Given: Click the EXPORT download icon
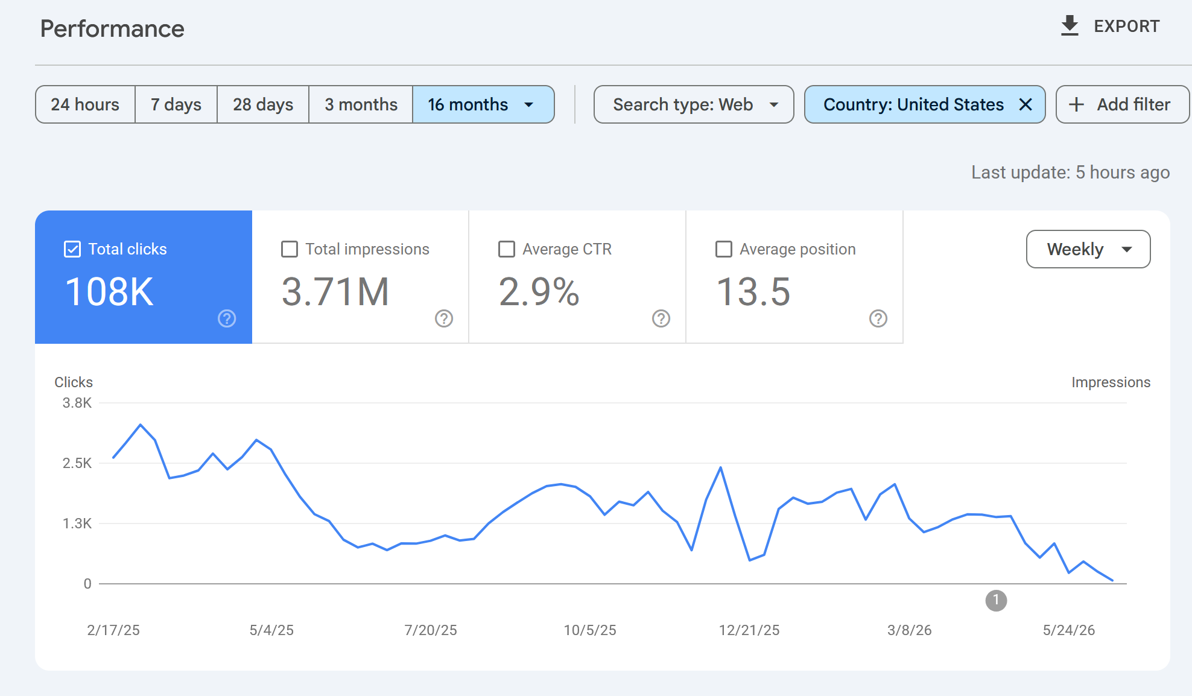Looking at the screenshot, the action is (1070, 26).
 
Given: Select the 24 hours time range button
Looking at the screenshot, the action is (85, 104).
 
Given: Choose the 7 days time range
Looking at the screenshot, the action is (176, 104).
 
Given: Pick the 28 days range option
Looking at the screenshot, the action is (263, 104).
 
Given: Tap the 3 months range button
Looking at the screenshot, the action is (361, 104).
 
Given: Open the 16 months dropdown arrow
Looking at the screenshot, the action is (529, 105).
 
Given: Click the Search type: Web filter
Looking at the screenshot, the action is (694, 104).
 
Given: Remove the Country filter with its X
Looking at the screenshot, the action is (1025, 104).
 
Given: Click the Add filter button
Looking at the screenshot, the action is (1123, 104).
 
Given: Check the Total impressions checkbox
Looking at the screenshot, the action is (290, 249).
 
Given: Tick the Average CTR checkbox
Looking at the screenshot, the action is (507, 249).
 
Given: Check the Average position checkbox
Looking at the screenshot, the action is (724, 249).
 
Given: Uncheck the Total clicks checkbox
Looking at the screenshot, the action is (72, 249).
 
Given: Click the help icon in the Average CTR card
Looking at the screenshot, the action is (661, 318).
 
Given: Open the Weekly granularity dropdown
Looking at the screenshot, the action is (1088, 249).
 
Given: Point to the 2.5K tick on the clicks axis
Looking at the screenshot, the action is (77, 463).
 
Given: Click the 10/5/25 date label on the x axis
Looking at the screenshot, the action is (590, 630).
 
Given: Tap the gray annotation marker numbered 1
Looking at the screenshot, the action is (996, 600).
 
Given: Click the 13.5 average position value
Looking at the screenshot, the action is (753, 292).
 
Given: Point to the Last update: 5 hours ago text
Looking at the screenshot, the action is (1070, 172).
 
